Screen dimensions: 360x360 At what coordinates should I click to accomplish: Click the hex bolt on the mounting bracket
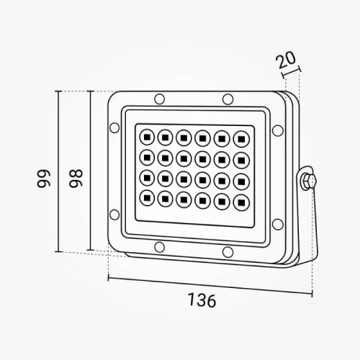coord(307,179)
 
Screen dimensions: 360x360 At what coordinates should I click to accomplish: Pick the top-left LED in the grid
coord(146,135)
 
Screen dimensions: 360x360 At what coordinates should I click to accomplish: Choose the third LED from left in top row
coord(184,135)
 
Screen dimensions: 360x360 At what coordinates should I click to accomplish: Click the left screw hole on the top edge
coord(158,98)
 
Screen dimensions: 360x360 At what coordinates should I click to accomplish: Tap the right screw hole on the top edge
coord(227,99)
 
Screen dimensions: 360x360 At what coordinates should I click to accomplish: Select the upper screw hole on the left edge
coord(113,130)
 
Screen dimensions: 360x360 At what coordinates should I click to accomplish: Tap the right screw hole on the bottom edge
coord(228,251)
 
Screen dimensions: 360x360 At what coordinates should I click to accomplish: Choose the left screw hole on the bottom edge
coord(156,249)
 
